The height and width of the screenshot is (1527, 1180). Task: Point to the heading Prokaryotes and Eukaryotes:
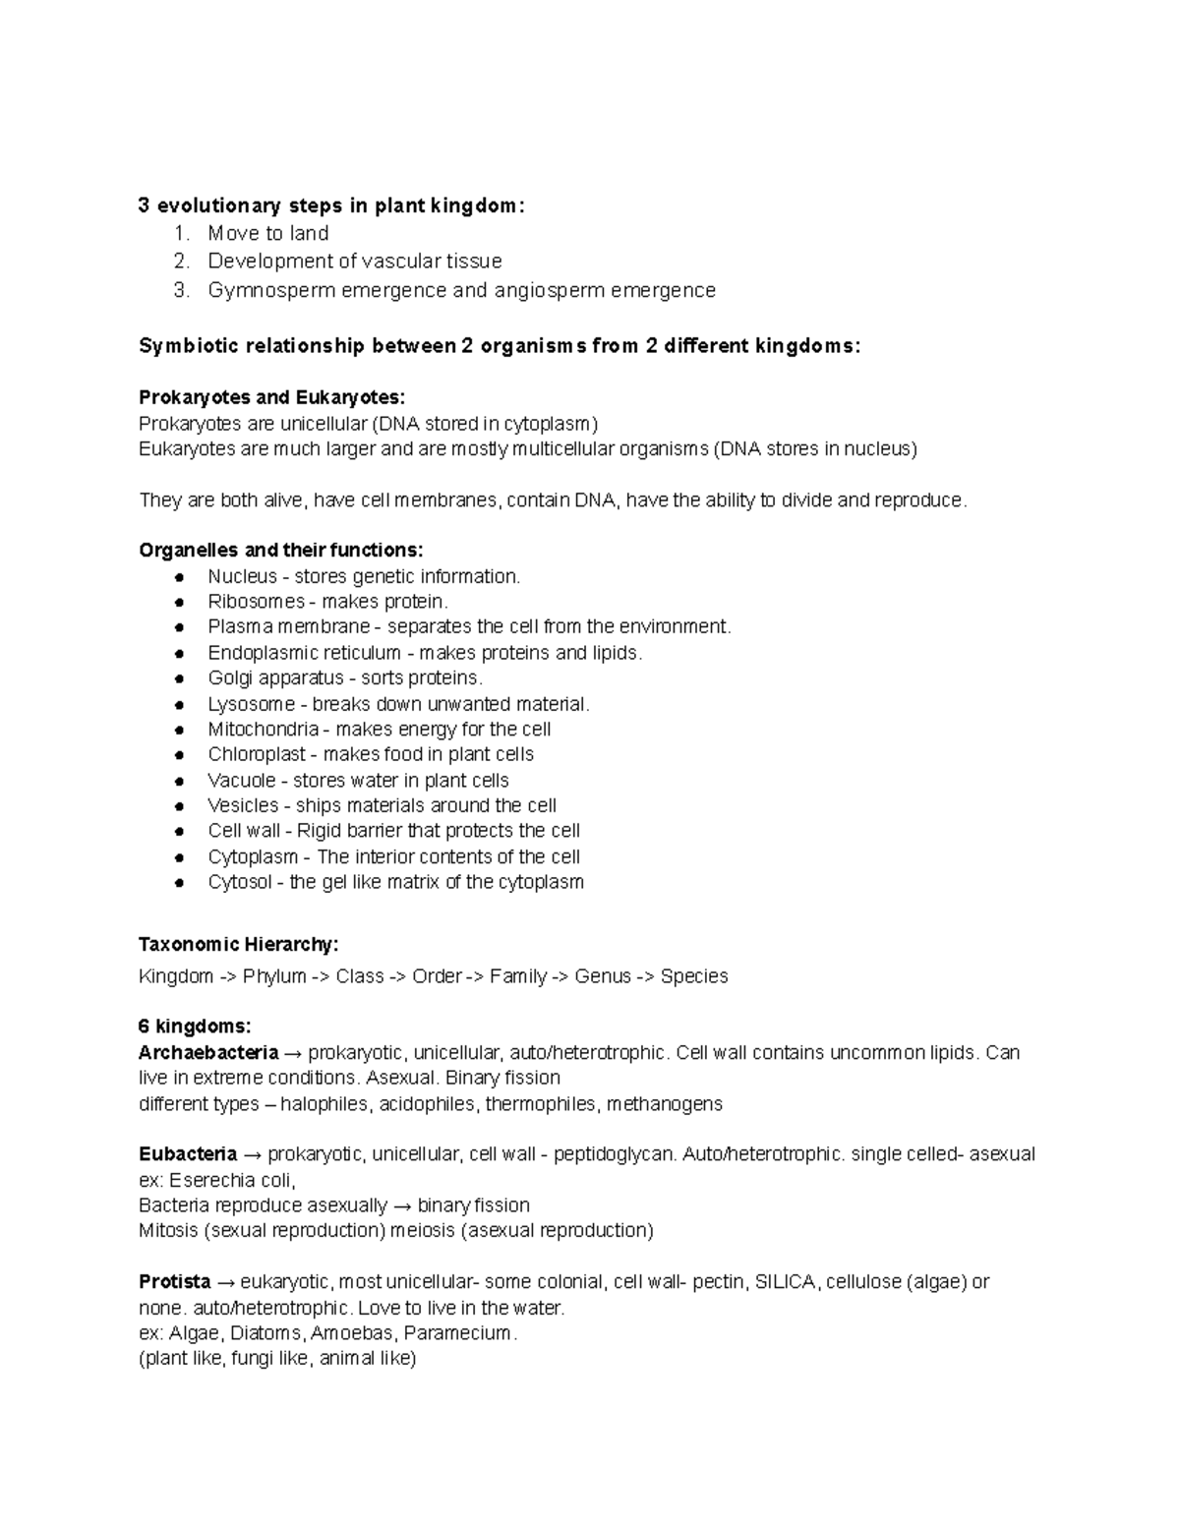pyautogui.click(x=271, y=397)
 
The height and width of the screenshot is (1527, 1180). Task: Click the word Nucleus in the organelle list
pyautogui.click(x=242, y=576)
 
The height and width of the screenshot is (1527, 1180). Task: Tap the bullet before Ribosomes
pyautogui.click(x=179, y=602)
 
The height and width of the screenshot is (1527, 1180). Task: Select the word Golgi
pyautogui.click(x=228, y=678)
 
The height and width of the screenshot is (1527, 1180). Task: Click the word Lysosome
pyautogui.click(x=251, y=704)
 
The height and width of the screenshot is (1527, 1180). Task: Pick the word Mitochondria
pyautogui.click(x=264, y=730)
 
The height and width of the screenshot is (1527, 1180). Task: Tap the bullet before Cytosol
pyautogui.click(x=179, y=883)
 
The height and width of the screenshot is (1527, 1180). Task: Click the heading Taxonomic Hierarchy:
pyautogui.click(x=238, y=945)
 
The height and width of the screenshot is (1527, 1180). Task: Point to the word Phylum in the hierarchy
pyautogui.click(x=274, y=976)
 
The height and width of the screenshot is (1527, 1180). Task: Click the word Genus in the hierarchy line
pyautogui.click(x=603, y=976)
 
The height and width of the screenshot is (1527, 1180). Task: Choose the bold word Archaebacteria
pyautogui.click(x=208, y=1053)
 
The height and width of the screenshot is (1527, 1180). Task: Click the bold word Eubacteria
pyautogui.click(x=188, y=1154)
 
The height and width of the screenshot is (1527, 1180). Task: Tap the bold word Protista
pyautogui.click(x=175, y=1282)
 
